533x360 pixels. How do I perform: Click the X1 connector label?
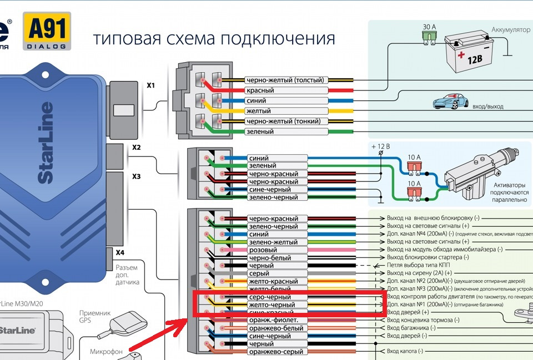151,86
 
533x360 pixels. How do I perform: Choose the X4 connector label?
120,252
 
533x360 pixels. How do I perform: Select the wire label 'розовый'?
263,250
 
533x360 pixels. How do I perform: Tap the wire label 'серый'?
260,273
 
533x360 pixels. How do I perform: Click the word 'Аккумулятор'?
511,29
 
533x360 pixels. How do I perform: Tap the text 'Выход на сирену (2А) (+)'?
419,273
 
